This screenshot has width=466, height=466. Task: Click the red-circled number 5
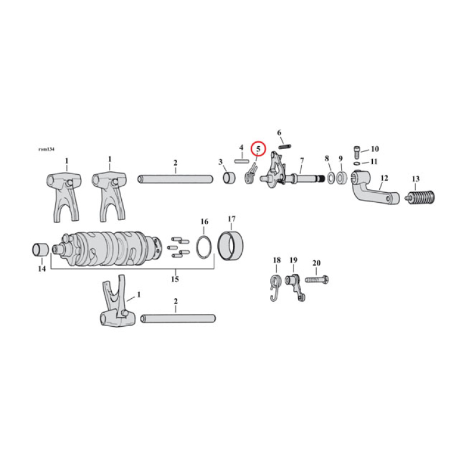pyautogui.click(x=258, y=149)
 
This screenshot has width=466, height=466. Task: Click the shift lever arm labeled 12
pyautogui.click(x=376, y=190)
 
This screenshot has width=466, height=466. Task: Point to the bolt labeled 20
pyautogui.click(x=314, y=280)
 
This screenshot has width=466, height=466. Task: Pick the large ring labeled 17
pyautogui.click(x=231, y=246)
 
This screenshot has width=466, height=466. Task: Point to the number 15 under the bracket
pyautogui.click(x=175, y=279)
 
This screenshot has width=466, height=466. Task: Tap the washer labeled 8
pyautogui.click(x=330, y=176)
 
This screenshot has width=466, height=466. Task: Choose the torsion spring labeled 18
pyautogui.click(x=277, y=287)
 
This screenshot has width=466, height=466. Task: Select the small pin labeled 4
pyautogui.click(x=241, y=160)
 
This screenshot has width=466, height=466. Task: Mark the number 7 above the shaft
pyautogui.click(x=302, y=160)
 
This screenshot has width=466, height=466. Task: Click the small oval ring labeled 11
pyautogui.click(x=356, y=163)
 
